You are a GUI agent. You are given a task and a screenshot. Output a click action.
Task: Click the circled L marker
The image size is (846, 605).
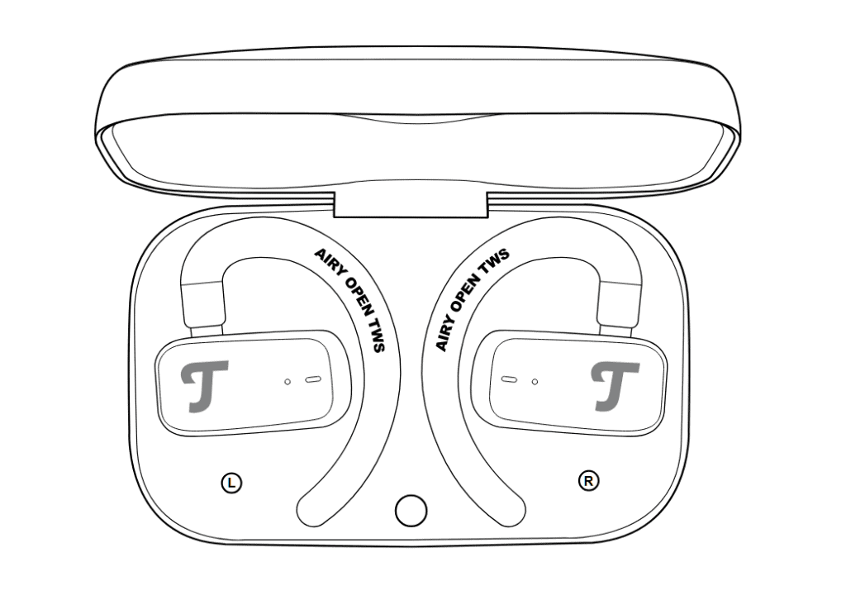tap(232, 483)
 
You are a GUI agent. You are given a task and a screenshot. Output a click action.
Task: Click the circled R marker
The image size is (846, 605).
tap(588, 480)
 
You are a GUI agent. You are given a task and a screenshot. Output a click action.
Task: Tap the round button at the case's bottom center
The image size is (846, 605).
tap(411, 511)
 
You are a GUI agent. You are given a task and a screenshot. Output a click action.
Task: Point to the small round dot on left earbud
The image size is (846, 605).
tap(288, 382)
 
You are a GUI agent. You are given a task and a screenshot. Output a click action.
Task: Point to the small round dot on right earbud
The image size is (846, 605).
tap(535, 382)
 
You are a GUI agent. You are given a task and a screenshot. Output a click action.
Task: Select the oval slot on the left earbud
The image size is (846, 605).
tap(313, 379)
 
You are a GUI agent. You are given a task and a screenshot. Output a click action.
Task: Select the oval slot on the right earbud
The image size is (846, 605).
tap(509, 379)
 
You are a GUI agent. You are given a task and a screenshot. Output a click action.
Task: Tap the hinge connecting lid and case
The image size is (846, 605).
tap(411, 205)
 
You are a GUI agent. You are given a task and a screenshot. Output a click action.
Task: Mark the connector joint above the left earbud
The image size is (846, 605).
tap(203, 305)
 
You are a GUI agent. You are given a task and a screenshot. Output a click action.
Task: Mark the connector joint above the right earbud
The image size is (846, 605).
tap(620, 305)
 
